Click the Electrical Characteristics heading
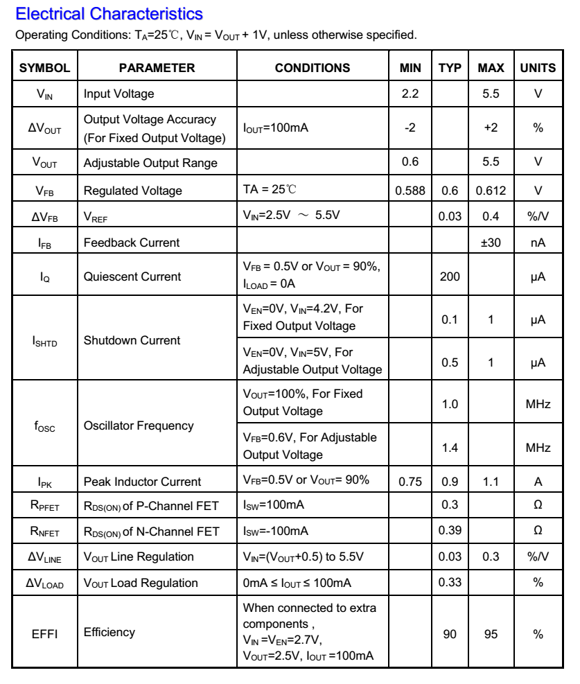109,13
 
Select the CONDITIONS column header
313,68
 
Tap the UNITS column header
538,68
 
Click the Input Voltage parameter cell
119,94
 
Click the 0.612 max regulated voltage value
491,191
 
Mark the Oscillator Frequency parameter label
139,426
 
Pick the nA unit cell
538,243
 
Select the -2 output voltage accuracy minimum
410,128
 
